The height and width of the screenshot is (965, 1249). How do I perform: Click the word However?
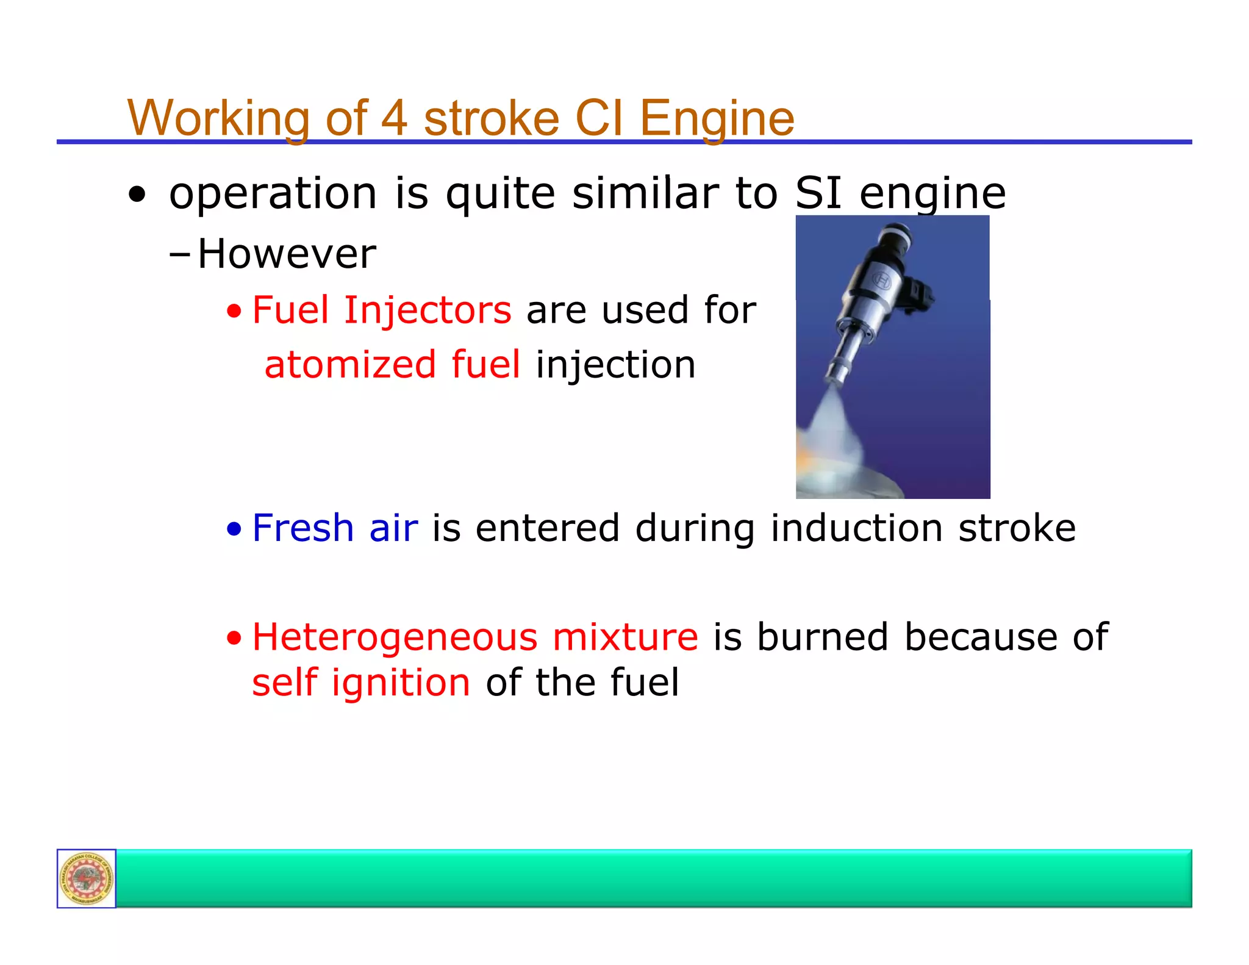(287, 254)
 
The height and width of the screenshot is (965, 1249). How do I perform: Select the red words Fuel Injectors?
(382, 310)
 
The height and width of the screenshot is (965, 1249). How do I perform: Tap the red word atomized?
(350, 365)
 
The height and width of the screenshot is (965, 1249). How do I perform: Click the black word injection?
(615, 365)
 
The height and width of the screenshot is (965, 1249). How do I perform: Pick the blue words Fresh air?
(335, 528)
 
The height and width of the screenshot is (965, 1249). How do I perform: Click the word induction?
(856, 528)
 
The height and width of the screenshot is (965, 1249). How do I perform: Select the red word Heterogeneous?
(395, 637)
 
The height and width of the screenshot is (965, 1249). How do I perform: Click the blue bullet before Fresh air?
(234, 529)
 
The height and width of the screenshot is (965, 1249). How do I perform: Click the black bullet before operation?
(137, 195)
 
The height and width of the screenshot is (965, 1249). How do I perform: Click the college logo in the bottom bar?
(86, 878)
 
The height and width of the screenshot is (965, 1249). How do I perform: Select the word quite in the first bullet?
(500, 193)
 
